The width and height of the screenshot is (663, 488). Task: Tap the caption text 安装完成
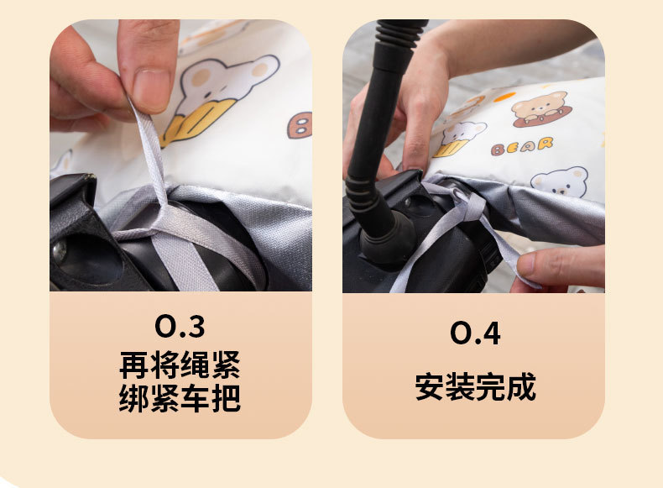(474, 387)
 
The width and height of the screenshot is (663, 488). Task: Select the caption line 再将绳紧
(180, 365)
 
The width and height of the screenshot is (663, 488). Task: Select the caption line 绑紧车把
(180, 398)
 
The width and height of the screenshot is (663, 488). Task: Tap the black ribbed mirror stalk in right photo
(378, 126)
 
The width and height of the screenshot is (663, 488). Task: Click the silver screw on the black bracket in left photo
(60, 249)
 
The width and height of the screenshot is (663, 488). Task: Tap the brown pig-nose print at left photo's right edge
(300, 125)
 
